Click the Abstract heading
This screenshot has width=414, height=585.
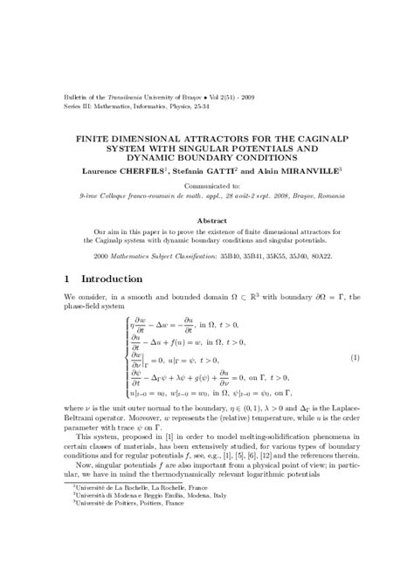click(x=206, y=221)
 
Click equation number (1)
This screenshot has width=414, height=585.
click(x=355, y=358)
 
